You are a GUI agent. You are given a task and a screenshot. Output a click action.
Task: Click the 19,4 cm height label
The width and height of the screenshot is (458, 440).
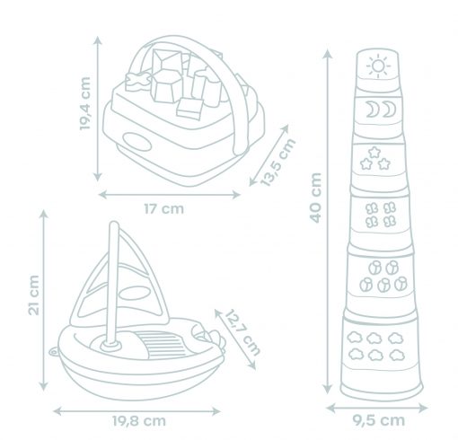[85, 103]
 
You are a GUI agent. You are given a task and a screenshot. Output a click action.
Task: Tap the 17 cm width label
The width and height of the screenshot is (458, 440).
[164, 209]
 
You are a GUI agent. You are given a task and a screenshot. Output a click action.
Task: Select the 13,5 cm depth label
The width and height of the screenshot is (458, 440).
[278, 163]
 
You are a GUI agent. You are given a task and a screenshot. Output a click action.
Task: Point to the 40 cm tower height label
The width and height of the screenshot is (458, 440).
[316, 198]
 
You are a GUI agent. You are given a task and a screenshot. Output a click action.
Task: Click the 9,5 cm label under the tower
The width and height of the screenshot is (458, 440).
[378, 421]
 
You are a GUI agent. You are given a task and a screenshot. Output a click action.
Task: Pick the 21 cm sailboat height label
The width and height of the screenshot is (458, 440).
[34, 295]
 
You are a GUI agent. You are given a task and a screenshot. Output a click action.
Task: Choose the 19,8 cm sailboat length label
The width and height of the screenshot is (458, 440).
[139, 421]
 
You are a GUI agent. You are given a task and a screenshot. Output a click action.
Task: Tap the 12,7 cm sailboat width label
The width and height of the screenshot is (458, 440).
[242, 332]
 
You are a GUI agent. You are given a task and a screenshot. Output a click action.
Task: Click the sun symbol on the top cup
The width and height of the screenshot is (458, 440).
[378, 66]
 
